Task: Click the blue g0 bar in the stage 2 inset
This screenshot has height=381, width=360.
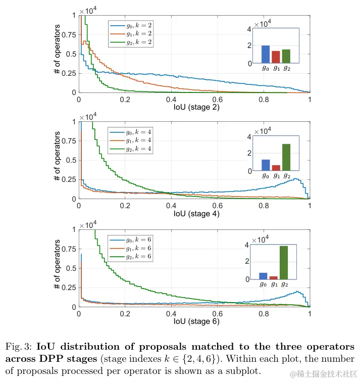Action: (x=265, y=54)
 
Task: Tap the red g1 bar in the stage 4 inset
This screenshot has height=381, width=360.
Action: (x=276, y=168)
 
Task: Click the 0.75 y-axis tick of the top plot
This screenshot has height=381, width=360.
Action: (x=70, y=35)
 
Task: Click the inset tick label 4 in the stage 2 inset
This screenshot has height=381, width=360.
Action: (x=249, y=29)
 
